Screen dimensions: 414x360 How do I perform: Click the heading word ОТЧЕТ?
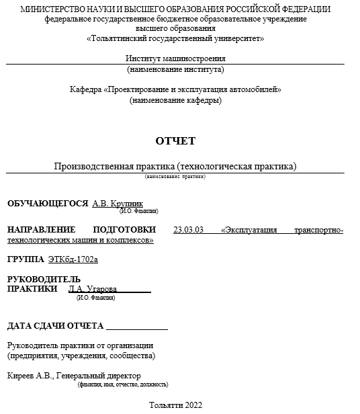[x=175, y=141]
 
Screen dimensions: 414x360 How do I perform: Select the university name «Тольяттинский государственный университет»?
[x=175, y=38]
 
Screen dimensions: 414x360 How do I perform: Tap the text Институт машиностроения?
[x=175, y=58]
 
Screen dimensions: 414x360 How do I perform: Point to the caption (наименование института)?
[x=175, y=69]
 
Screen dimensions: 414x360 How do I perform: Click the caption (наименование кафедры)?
[x=175, y=100]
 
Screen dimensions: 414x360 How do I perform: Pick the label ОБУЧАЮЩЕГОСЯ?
[x=48, y=203]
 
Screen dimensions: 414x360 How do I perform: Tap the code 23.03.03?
[x=188, y=230]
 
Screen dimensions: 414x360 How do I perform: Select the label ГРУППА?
[x=26, y=259]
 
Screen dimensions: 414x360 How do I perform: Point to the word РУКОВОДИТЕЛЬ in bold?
[x=44, y=279]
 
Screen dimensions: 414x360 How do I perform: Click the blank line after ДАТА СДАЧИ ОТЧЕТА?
[x=137, y=327]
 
